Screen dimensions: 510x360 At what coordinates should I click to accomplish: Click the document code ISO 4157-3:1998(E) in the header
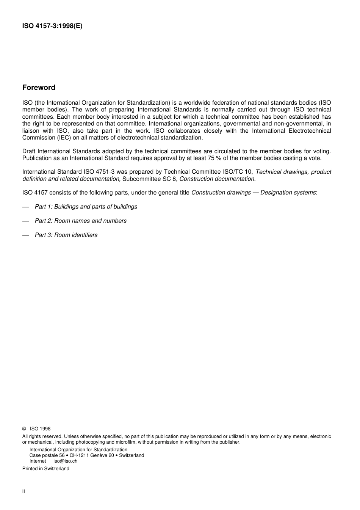pyautogui.click(x=52, y=26)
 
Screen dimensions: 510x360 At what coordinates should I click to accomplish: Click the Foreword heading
pyautogui.click(x=39, y=88)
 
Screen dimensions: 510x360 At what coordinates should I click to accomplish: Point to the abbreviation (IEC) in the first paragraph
pyautogui.click(x=62, y=138)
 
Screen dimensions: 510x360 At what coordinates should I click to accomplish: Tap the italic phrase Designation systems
pyautogui.click(x=288, y=192)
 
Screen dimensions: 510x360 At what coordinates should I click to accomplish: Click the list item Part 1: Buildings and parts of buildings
pyautogui.click(x=86, y=207)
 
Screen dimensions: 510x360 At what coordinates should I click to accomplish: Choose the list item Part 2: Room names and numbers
pyautogui.click(x=81, y=221)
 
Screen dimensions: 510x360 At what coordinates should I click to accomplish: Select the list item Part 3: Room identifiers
pyautogui.click(x=66, y=235)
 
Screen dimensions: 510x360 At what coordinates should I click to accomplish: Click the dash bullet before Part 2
pyautogui.click(x=26, y=221)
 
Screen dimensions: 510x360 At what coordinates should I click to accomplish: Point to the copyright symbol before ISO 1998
pyautogui.click(x=24, y=429)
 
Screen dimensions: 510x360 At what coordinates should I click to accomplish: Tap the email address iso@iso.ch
pyautogui.click(x=65, y=461)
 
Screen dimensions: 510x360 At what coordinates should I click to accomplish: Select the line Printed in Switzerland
pyautogui.click(x=46, y=469)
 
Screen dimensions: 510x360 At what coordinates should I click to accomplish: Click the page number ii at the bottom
pyautogui.click(x=23, y=491)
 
